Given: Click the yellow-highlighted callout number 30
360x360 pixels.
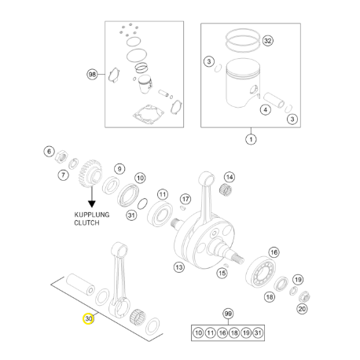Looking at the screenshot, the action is [x=88, y=318].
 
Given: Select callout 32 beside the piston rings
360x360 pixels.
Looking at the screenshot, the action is [x=267, y=41].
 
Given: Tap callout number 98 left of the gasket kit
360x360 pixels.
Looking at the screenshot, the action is [x=92, y=75].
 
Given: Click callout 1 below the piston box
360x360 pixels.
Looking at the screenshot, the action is [x=251, y=139].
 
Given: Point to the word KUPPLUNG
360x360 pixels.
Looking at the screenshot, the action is [x=92, y=215].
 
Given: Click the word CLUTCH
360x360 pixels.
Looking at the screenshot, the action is [x=86, y=223].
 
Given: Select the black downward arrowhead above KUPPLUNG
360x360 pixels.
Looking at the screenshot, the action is [x=92, y=204].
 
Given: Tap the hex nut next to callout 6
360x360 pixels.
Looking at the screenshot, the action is [x=62, y=156].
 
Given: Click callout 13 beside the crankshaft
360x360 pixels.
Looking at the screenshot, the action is [x=179, y=267].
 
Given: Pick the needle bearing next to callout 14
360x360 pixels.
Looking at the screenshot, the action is [x=226, y=189].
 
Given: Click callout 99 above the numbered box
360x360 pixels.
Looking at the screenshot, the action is [x=228, y=314].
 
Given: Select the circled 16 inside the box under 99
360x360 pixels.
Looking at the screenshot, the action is [x=222, y=332].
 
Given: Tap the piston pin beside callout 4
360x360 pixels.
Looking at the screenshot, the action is [x=274, y=101].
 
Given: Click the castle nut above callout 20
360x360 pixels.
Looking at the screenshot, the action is [x=304, y=296].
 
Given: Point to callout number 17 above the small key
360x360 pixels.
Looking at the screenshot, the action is [x=186, y=199].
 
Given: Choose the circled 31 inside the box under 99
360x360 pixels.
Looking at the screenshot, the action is [x=258, y=332].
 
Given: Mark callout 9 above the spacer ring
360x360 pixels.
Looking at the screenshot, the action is [x=119, y=169].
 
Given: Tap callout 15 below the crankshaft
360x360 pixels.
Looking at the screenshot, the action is [x=222, y=274].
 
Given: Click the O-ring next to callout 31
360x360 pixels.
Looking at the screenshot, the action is [x=142, y=204].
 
